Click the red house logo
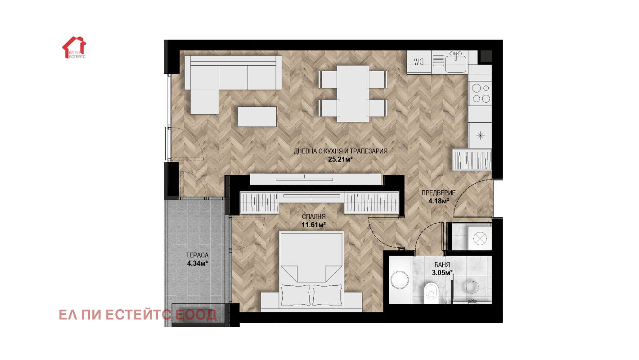[74, 47]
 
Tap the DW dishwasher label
[418, 62]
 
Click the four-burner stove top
[481, 93]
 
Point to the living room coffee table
[257, 117]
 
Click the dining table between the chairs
[353, 94]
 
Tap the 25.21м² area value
[340, 159]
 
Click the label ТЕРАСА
[197, 255]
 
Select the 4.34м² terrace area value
[197, 263]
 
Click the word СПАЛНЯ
[314, 217]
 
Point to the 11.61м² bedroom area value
[314, 225]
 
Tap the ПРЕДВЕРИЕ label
[438, 193]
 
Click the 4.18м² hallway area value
[439, 201]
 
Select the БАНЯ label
[442, 265]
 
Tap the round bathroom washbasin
[400, 280]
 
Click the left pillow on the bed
[295, 295]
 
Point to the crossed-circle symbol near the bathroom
[480, 238]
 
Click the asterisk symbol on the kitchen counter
[481, 135]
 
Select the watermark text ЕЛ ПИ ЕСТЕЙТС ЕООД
[138, 315]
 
